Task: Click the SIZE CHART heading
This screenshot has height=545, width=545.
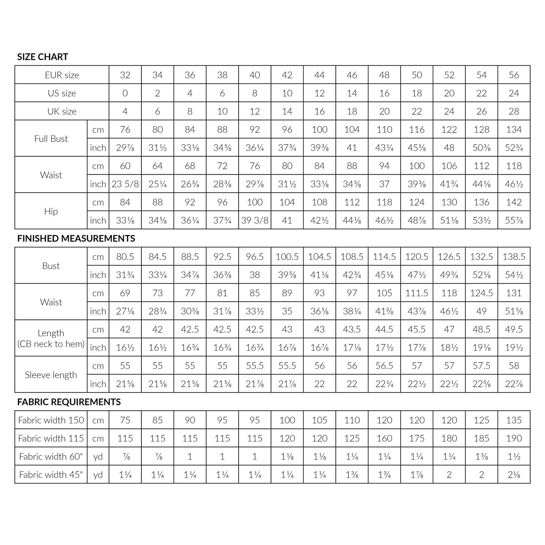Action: pyautogui.click(x=43, y=57)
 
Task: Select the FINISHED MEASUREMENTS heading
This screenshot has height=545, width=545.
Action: pyautogui.click(x=76, y=239)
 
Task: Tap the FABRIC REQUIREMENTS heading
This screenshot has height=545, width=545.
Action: pyautogui.click(x=69, y=402)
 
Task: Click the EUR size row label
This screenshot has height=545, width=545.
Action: pyautogui.click(x=62, y=75)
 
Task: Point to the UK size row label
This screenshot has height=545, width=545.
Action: pyautogui.click(x=62, y=111)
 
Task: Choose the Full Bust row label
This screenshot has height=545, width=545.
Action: pyautogui.click(x=51, y=139)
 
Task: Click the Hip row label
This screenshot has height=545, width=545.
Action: pyautogui.click(x=51, y=211)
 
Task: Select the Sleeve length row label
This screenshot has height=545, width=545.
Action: pyautogui.click(x=51, y=375)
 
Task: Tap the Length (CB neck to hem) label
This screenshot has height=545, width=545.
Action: pyautogui.click(x=51, y=339)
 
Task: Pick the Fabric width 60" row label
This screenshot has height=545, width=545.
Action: pyautogui.click(x=51, y=457)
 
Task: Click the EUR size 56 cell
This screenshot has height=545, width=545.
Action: pyautogui.click(x=514, y=75)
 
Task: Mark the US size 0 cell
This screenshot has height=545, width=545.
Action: pyautogui.click(x=125, y=93)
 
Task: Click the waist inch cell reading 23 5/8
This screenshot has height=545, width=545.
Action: pyautogui.click(x=125, y=184)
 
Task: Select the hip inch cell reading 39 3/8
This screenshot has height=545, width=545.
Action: pyautogui.click(x=255, y=220)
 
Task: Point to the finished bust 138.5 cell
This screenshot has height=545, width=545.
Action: pyautogui.click(x=514, y=257)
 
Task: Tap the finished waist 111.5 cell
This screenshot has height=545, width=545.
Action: pyautogui.click(x=417, y=293)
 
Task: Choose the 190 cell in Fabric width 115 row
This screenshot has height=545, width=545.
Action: pyautogui.click(x=514, y=438)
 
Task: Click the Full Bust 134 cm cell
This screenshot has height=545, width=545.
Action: pyautogui.click(x=514, y=130)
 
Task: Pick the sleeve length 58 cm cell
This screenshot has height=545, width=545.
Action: pyautogui.click(x=514, y=366)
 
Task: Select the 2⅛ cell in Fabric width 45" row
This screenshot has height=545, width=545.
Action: pyautogui.click(x=514, y=475)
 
